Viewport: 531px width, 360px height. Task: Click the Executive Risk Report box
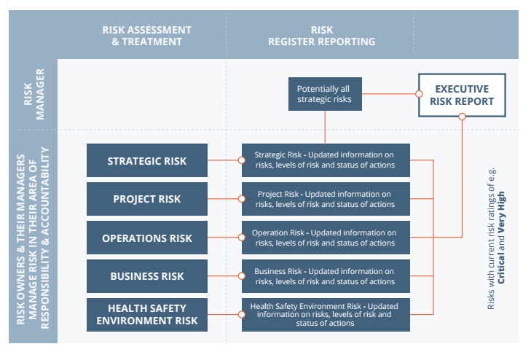[x=462, y=95]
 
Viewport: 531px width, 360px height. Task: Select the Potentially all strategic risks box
[x=324, y=95]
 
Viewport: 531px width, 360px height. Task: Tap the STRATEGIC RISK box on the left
[x=146, y=160]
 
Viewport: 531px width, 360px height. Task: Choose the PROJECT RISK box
[x=146, y=199]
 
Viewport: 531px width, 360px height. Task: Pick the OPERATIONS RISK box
[x=146, y=238]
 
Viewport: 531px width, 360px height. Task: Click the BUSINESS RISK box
[x=146, y=276]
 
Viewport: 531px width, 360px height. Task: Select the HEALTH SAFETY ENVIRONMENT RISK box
[x=146, y=315]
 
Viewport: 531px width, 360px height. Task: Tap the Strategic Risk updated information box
[x=325, y=160]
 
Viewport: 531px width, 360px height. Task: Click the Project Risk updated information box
[x=325, y=199]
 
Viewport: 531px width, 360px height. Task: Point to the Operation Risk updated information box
[x=325, y=238]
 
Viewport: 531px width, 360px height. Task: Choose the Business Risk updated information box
[x=325, y=276]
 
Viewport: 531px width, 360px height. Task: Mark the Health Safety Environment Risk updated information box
[x=325, y=315]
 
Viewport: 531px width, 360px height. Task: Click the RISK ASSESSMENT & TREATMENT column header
[x=146, y=36]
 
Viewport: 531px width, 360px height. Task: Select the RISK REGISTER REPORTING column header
[x=321, y=36]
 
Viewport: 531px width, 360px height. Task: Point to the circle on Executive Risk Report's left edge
[x=419, y=93]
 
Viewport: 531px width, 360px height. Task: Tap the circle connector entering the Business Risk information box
[x=243, y=276]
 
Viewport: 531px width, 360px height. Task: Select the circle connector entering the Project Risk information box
[x=243, y=199]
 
